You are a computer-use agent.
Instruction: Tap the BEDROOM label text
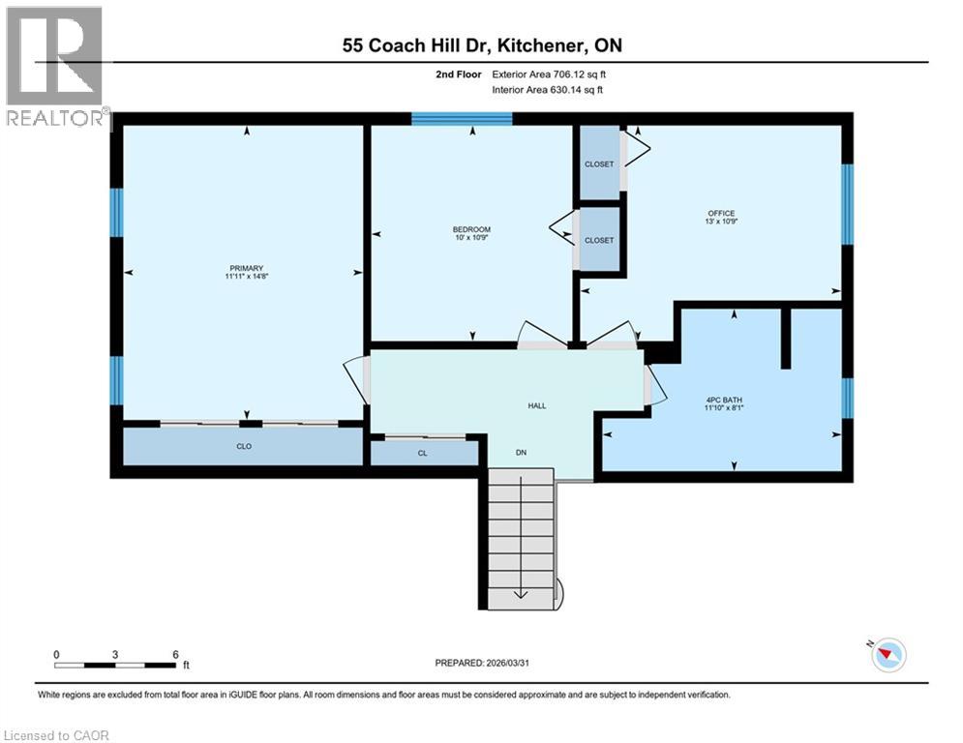click(x=472, y=229)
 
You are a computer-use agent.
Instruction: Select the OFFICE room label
click(x=721, y=214)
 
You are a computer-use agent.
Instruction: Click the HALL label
click(x=536, y=405)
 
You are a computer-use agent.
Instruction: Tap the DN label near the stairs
click(x=521, y=452)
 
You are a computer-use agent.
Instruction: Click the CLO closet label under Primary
click(x=244, y=447)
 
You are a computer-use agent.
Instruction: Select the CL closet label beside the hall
click(x=423, y=452)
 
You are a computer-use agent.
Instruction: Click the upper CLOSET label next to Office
click(x=599, y=164)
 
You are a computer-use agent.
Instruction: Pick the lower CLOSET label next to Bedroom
click(x=599, y=240)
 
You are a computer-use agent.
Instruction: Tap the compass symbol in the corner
click(x=887, y=655)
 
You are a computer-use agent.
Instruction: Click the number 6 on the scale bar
click(x=175, y=654)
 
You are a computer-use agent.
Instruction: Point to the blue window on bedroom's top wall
click(x=462, y=119)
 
